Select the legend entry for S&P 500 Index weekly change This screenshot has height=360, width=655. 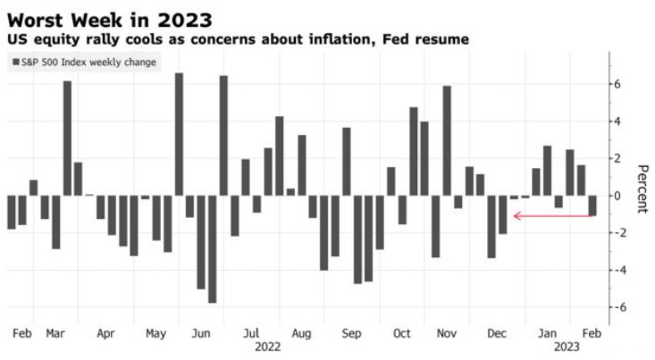(85, 62)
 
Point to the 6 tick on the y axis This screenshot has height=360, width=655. (617, 84)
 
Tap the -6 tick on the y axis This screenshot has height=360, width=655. (615, 306)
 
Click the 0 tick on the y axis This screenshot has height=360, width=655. (617, 196)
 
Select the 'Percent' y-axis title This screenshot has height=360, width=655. (641, 188)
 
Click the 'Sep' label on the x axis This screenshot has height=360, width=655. (351, 333)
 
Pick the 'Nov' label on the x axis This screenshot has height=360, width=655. (448, 333)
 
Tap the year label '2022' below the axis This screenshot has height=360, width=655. (269, 345)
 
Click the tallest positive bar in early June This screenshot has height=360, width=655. (179, 134)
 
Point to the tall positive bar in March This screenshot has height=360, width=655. (67, 138)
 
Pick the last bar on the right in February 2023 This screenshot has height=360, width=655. (592, 205)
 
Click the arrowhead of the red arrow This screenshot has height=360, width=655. (516, 215)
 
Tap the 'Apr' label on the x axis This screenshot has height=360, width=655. (105, 333)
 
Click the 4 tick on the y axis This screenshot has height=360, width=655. (617, 121)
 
